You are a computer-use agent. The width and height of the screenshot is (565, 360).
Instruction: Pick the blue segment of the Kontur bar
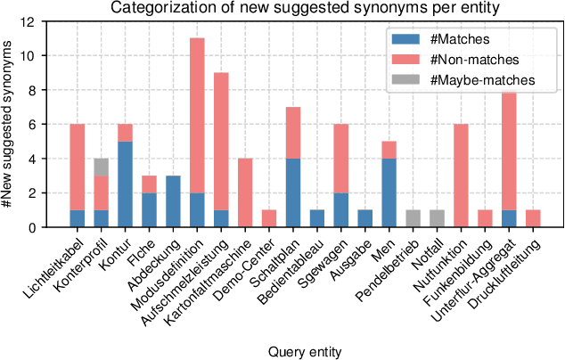coord(125,184)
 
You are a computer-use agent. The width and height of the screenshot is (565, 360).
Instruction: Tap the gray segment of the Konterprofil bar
coord(101,168)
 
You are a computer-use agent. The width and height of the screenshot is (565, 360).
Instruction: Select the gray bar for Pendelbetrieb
coord(412,218)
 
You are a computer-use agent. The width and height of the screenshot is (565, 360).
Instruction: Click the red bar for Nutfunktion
coord(461,176)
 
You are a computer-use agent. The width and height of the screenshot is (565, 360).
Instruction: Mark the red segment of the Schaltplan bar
coord(293,133)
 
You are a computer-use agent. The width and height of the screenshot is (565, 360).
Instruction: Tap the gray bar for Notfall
coord(437,218)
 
